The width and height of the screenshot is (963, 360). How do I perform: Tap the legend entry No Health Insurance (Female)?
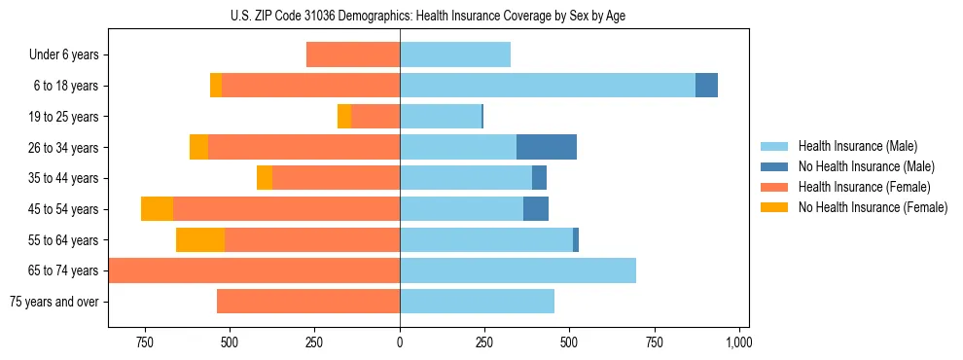pyautogui.click(x=873, y=207)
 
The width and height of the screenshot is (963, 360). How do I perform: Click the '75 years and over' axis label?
pyautogui.click(x=54, y=302)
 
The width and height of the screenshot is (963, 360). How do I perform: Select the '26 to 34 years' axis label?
pyautogui.click(x=63, y=148)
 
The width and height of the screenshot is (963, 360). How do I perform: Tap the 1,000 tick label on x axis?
pyautogui.click(x=738, y=342)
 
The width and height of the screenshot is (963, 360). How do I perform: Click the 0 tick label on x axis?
pyautogui.click(x=400, y=342)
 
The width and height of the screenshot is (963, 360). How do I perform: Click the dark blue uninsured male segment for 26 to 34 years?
pyautogui.click(x=546, y=147)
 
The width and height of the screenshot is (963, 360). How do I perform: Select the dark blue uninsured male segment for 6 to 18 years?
pyautogui.click(x=706, y=86)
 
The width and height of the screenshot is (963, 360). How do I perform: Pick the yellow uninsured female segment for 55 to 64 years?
pyautogui.click(x=200, y=239)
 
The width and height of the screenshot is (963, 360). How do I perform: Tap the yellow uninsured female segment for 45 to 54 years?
pyautogui.click(x=157, y=209)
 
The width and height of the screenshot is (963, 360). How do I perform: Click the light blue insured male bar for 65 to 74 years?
pyautogui.click(x=517, y=270)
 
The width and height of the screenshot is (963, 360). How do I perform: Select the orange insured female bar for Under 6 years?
pyautogui.click(x=353, y=54)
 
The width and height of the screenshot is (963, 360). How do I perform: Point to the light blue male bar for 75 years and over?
pyautogui.click(x=477, y=302)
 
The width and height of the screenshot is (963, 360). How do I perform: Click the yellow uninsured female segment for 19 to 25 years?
pyautogui.click(x=344, y=117)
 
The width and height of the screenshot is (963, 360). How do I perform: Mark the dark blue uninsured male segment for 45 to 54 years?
pyautogui.click(x=536, y=209)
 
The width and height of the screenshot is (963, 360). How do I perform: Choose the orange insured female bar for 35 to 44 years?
pyautogui.click(x=336, y=178)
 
